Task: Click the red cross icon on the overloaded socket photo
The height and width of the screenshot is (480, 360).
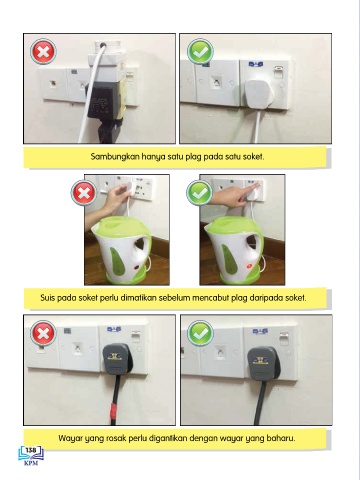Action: coord(43,52)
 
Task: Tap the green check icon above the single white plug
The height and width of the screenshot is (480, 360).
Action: coord(200,52)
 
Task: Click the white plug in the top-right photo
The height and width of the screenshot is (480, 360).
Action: coord(259,93)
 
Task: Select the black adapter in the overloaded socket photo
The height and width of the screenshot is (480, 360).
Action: coord(103,100)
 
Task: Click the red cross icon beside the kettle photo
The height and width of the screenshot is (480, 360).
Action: coord(84,193)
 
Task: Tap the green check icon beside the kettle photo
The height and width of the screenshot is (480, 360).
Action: coord(199,193)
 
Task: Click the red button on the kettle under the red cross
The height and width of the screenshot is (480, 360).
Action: coord(136,267)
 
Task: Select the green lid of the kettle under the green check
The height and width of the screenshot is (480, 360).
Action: coord(232,227)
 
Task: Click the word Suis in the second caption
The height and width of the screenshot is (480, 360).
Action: coord(47,298)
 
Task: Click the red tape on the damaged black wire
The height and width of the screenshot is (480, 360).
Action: coord(114,410)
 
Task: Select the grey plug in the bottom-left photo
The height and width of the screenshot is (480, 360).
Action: coord(117,359)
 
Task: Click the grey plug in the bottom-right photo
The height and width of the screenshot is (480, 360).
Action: coord(263,364)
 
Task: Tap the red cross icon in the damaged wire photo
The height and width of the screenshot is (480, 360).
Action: coord(43,333)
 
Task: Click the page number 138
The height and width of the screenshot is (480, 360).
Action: coord(31,450)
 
